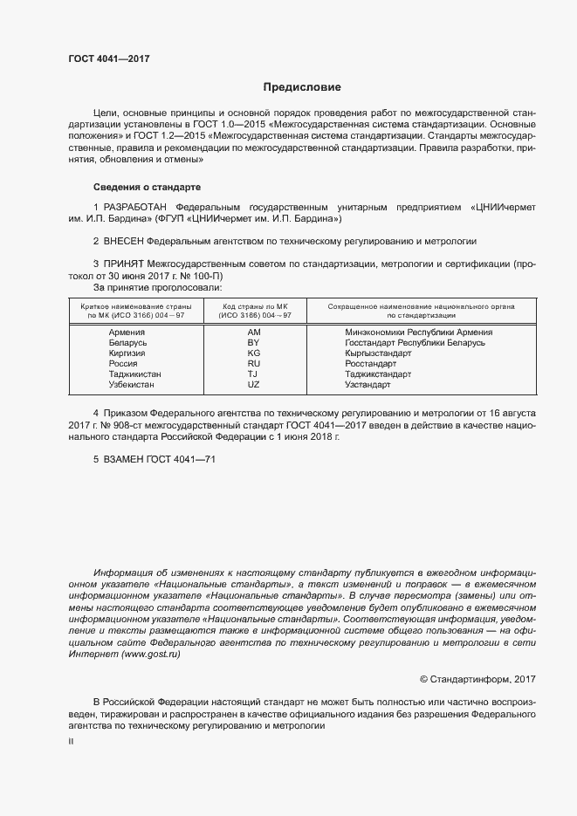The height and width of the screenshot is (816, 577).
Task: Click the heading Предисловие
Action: point(302,87)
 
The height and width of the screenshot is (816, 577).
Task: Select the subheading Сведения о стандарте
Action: point(147,187)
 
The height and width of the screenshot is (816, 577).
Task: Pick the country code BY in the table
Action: point(254,343)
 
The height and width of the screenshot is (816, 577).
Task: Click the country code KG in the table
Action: point(254,353)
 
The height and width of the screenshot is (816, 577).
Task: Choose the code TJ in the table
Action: point(254,374)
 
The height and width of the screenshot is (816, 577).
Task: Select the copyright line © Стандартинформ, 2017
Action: point(477,679)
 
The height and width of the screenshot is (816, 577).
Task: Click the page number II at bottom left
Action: point(71,741)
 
